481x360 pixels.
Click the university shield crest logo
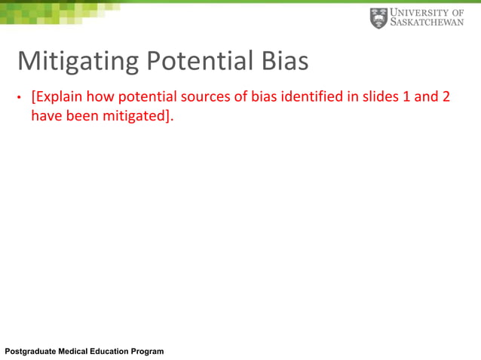378,18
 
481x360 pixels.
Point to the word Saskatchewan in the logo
427,23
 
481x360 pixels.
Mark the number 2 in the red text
451,98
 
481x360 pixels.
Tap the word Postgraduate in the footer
30,352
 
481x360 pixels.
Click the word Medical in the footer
75,352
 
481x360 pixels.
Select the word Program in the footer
149,352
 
